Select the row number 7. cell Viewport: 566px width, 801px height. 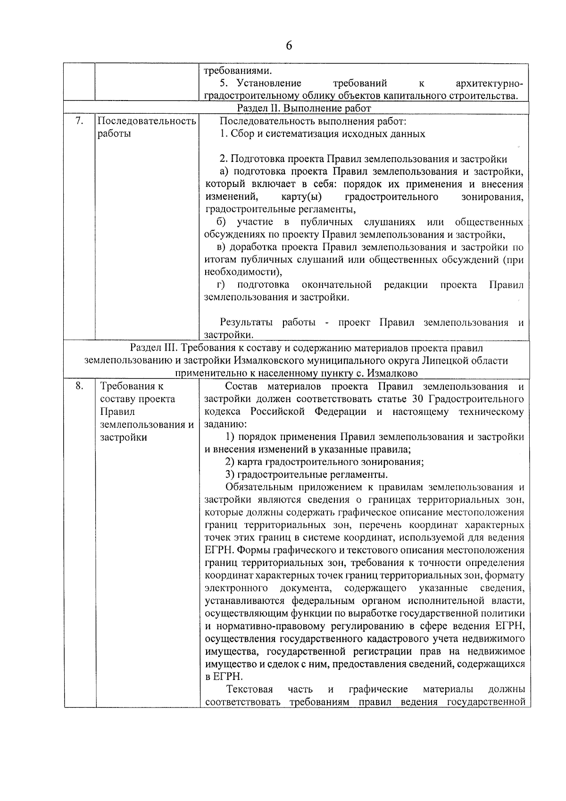coord(79,121)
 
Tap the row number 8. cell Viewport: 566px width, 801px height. coord(79,386)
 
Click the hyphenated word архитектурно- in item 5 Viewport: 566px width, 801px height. coord(490,84)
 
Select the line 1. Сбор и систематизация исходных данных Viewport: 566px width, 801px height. coord(323,134)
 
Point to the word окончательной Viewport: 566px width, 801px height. coord(337,285)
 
